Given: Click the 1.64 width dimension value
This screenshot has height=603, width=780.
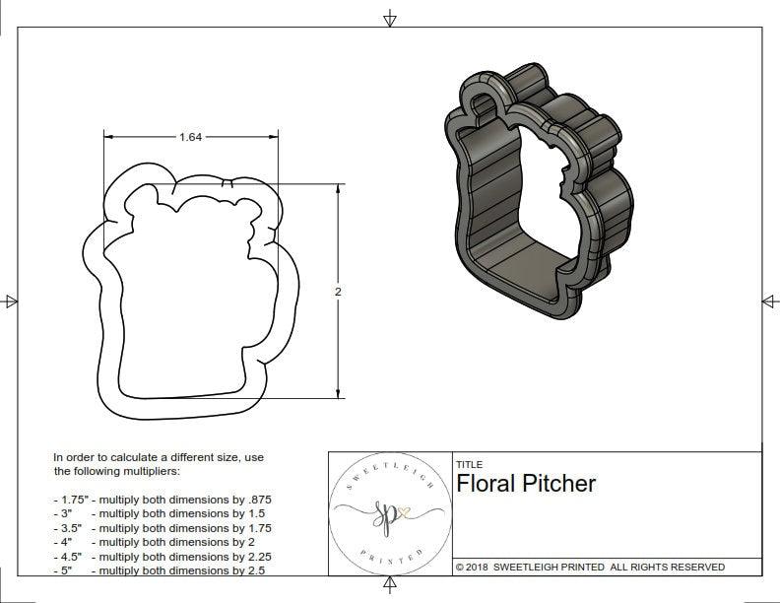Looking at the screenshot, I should [x=190, y=137].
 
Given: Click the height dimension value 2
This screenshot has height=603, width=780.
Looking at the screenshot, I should [x=338, y=293].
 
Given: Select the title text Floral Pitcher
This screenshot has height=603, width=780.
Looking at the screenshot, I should [x=526, y=484].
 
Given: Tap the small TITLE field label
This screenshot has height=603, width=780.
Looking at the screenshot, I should [x=469, y=464].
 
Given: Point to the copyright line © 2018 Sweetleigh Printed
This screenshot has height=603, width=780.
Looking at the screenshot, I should [x=590, y=567].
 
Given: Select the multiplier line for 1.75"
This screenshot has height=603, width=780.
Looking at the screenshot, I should [x=162, y=500].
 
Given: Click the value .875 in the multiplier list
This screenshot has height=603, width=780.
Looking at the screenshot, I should [x=256, y=500].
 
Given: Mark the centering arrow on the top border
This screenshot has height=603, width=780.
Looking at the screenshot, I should [x=390, y=18].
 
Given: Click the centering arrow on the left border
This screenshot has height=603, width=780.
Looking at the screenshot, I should [x=11, y=301].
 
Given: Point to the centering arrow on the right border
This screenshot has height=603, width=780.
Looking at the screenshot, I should [x=768, y=301].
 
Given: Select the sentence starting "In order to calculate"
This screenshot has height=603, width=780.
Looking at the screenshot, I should [x=158, y=464].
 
